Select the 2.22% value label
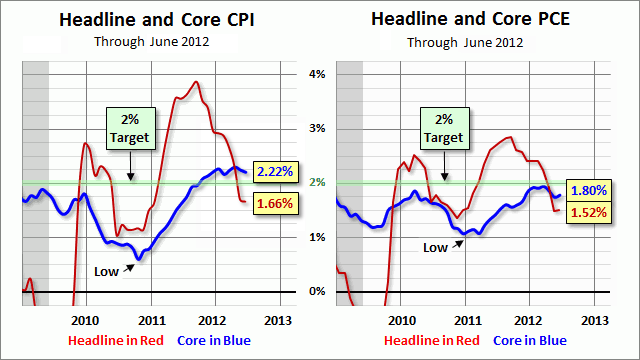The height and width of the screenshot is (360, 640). pyautogui.click(x=274, y=171)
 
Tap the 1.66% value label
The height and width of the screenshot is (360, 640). pyautogui.click(x=274, y=204)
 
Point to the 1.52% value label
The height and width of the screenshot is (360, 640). pyautogui.click(x=590, y=211)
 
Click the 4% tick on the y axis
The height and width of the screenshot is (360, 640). pyautogui.click(x=317, y=74)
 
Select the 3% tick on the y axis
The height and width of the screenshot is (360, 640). pyautogui.click(x=317, y=129)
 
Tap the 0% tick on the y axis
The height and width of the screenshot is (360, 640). pyautogui.click(x=317, y=292)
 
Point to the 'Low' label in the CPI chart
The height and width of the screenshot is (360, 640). pyautogui.click(x=106, y=271)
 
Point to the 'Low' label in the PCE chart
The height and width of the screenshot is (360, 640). pyautogui.click(x=435, y=246)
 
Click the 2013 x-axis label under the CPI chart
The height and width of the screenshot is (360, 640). pyautogui.click(x=277, y=320)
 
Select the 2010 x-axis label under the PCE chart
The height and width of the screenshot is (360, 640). pyautogui.click(x=402, y=320)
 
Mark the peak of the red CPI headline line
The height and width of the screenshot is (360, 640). pyautogui.click(x=196, y=82)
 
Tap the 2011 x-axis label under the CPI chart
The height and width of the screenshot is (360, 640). pyautogui.click(x=150, y=320)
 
